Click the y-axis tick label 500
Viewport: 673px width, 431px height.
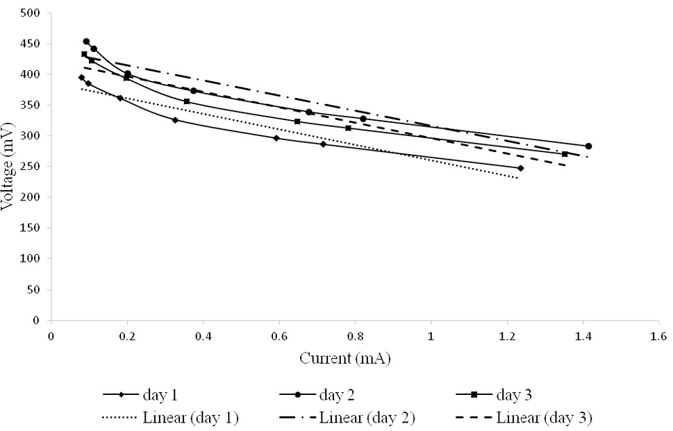pos(30,13)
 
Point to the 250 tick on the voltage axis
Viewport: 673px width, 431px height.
pos(30,167)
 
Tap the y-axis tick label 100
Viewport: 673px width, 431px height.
pos(30,259)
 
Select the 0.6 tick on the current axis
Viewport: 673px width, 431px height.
pos(279,336)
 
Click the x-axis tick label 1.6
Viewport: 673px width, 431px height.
pos(659,336)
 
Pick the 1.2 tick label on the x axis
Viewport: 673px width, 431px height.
pos(507,336)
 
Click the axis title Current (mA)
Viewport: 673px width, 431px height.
pos(345,359)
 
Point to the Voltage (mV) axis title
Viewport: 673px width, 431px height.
pos(8,167)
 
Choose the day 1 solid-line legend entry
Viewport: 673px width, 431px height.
pos(140,394)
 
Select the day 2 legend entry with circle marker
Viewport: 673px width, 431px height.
pos(317,394)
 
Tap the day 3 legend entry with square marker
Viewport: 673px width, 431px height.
pos(494,394)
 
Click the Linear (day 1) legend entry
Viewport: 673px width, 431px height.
pos(171,417)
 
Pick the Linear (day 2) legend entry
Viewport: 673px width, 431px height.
pos(347,417)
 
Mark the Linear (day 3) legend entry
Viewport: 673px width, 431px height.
pos(524,417)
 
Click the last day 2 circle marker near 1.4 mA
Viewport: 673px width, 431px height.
pos(588,146)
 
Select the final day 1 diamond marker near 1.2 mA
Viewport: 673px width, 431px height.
pos(521,168)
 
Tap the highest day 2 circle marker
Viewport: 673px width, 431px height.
pos(86,42)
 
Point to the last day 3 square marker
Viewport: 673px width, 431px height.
pos(565,154)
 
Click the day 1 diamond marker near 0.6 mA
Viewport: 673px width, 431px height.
pos(276,138)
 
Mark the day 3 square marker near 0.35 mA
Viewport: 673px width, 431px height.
pos(187,101)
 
